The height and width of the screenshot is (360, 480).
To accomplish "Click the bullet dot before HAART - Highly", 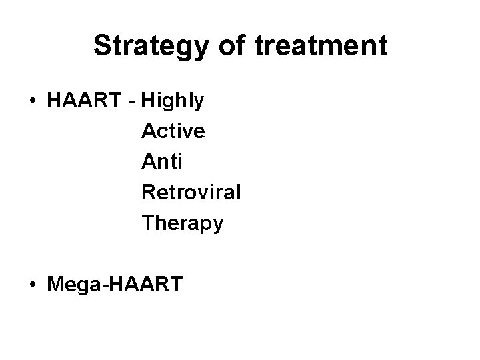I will click(32, 102).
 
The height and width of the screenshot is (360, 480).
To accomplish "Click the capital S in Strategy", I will click(102, 46).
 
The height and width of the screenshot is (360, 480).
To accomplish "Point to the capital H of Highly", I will click(148, 102).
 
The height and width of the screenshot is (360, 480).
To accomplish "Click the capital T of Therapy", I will click(147, 223).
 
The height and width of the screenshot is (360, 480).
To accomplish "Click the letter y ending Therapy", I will click(217, 226).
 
